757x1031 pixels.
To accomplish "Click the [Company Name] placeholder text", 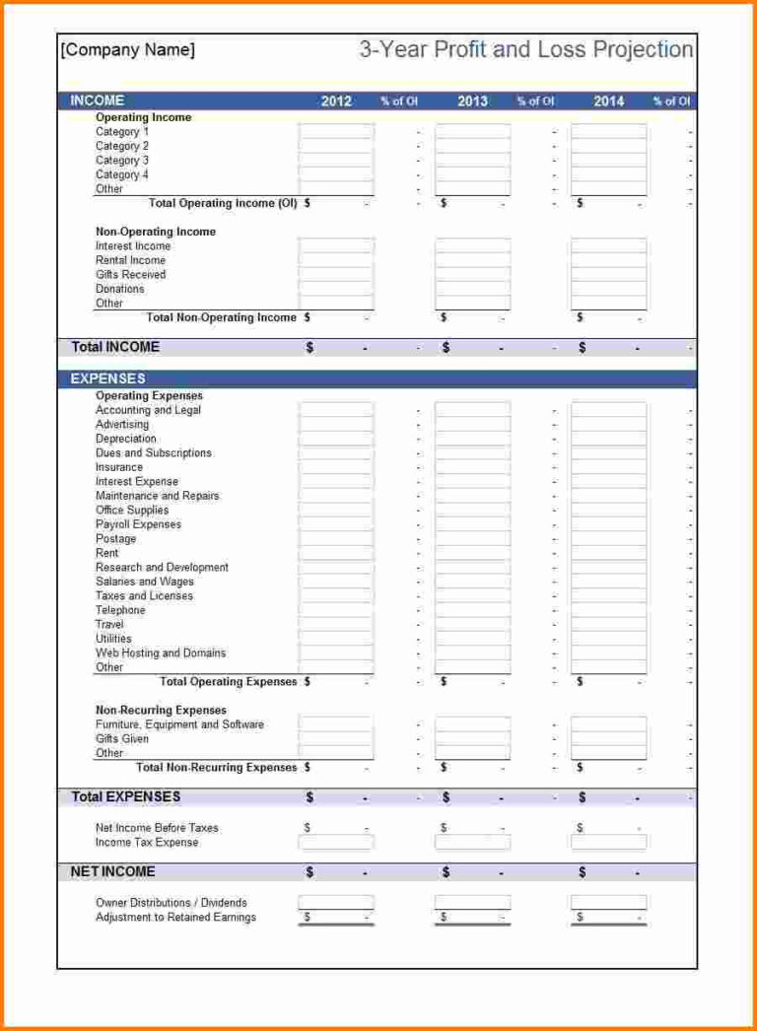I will (x=128, y=50).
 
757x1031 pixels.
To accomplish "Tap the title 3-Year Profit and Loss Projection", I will (x=526, y=50).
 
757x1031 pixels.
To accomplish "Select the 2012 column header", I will (x=336, y=101).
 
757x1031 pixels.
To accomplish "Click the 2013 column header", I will (x=472, y=101).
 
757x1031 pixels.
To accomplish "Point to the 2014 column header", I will (x=608, y=101).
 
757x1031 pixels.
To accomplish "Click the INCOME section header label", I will (x=98, y=101).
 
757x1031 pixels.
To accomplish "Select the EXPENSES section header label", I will (x=107, y=378).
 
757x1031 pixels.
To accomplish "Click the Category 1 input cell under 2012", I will (x=336, y=131).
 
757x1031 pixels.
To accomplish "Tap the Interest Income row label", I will (x=133, y=246).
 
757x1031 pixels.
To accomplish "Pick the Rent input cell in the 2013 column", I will (x=472, y=553).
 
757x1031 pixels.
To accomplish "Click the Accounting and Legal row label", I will (x=148, y=410).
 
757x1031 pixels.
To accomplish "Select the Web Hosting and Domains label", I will (x=161, y=653).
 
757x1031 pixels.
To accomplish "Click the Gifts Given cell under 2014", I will (x=608, y=738).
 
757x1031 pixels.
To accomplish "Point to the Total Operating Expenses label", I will (x=228, y=682).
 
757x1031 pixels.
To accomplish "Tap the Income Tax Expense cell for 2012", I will (x=336, y=843).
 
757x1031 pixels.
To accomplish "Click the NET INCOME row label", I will (x=113, y=871).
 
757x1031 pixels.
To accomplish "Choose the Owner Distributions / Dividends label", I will (x=171, y=903).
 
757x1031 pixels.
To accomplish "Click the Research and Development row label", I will (x=162, y=568).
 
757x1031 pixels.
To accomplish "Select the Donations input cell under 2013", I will (x=472, y=289).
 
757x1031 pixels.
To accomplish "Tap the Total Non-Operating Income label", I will (x=221, y=317).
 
